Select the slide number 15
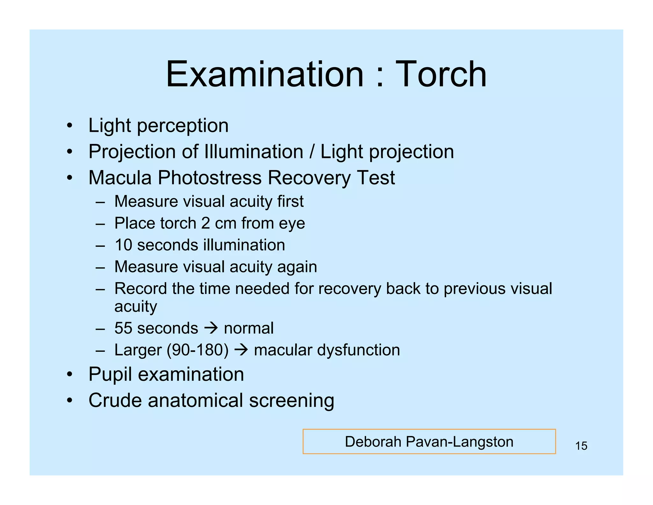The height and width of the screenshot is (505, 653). (x=581, y=446)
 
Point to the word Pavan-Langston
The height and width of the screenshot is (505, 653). (x=460, y=442)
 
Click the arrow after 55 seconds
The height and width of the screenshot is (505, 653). (x=211, y=328)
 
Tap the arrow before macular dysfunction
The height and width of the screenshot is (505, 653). (x=241, y=350)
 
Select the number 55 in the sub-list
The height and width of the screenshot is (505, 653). (x=123, y=328)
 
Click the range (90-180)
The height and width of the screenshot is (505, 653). (x=198, y=350)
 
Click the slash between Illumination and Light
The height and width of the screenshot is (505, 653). (x=312, y=152)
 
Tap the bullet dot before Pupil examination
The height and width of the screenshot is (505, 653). (x=70, y=374)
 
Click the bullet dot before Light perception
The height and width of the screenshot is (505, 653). (x=70, y=125)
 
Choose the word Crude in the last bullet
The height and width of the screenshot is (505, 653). (x=115, y=400)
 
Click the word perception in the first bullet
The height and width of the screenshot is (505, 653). (x=183, y=126)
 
